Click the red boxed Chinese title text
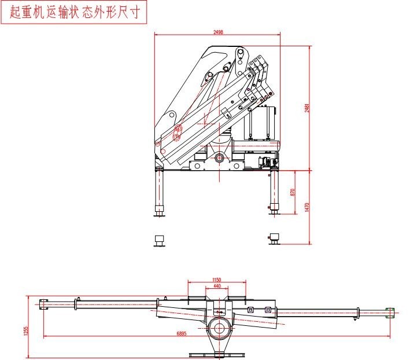coord(75,13)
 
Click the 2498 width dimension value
coord(218,32)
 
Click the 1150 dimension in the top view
coord(217,280)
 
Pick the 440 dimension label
coord(217,286)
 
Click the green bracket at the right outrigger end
coord(390,313)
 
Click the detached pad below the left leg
coord(158,240)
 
